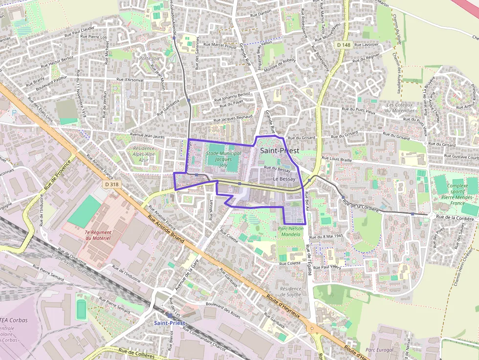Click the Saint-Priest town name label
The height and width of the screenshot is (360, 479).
[280, 151]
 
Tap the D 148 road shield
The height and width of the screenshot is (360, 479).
[344, 44]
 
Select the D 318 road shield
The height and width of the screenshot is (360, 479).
[112, 184]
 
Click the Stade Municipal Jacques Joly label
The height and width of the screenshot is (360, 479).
[223, 159]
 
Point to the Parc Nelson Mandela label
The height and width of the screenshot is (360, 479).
[291, 231]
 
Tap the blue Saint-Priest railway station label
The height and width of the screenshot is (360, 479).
[170, 323]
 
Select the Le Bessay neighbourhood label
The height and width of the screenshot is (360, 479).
[284, 179]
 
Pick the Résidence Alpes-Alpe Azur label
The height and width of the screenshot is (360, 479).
[144, 154]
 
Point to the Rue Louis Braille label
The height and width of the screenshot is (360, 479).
[337, 159]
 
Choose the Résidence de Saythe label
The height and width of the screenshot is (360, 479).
[291, 291]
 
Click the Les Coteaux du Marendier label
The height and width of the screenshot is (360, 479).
[400, 107]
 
